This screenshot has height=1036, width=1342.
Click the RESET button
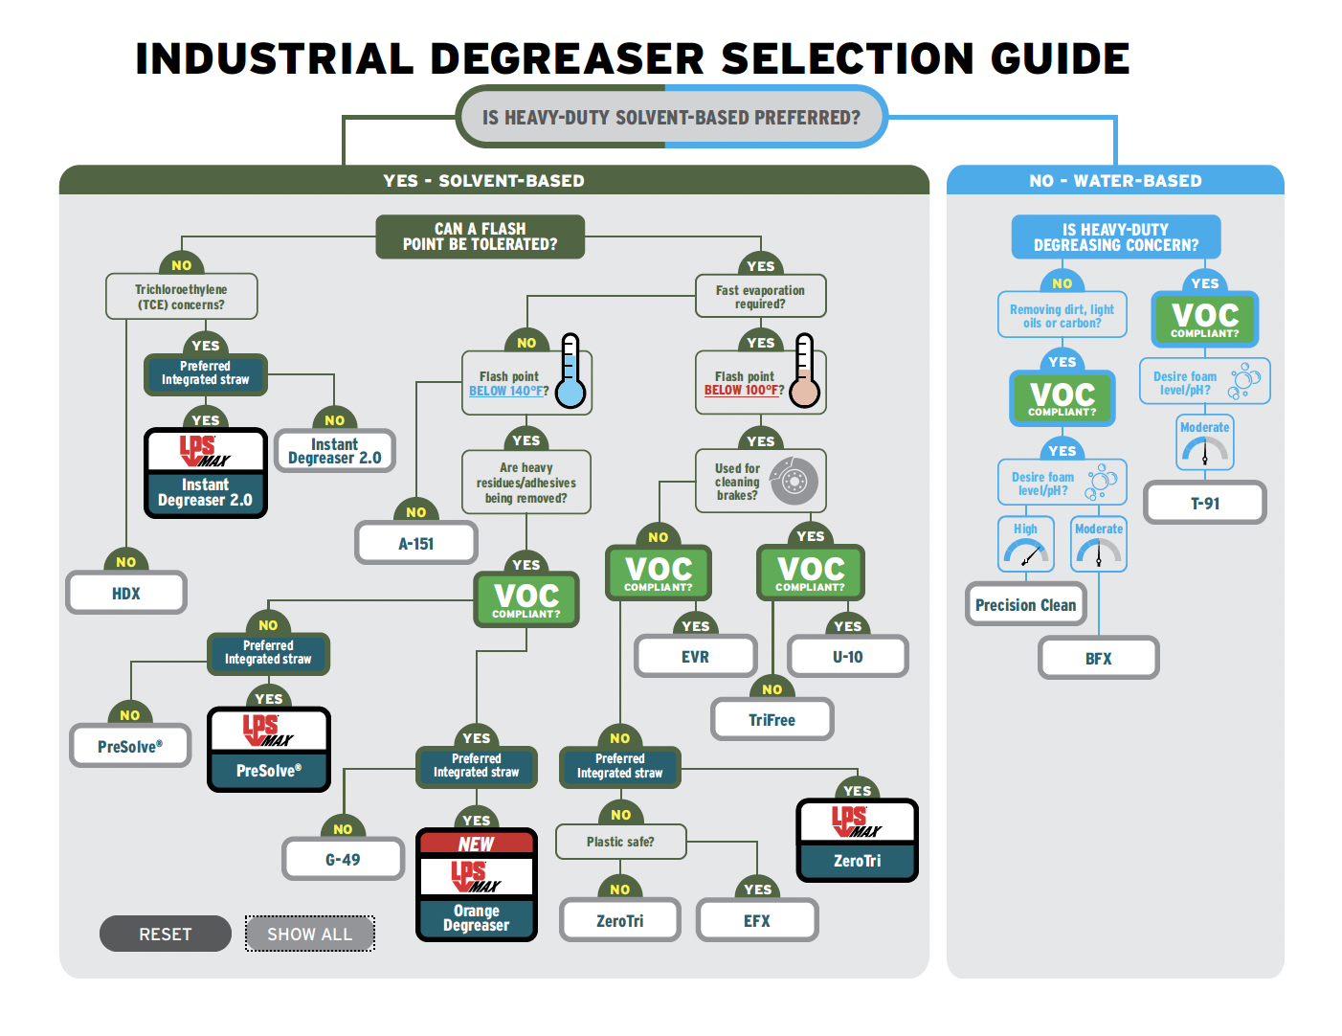point(165,934)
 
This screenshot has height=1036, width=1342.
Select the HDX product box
point(126,594)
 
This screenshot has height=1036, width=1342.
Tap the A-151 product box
point(416,544)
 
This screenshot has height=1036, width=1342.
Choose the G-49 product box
point(343,860)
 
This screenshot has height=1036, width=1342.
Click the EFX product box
point(757,921)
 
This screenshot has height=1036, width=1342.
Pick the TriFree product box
point(772,720)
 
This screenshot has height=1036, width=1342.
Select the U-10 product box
point(847,657)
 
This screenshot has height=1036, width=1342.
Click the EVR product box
point(695,657)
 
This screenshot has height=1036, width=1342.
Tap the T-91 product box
point(1205,504)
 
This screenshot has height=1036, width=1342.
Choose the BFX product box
point(1098,659)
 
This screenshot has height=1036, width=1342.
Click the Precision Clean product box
point(1025,605)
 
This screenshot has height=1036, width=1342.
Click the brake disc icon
point(794,481)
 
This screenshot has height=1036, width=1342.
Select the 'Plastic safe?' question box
point(620,842)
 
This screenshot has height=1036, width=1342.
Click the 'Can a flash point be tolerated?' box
point(480,236)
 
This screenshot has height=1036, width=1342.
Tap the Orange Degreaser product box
point(477,886)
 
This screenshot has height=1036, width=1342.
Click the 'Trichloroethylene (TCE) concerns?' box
point(181,297)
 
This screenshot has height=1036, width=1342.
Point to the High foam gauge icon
point(1025,552)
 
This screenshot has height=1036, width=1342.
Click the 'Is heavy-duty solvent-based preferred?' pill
point(671,117)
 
